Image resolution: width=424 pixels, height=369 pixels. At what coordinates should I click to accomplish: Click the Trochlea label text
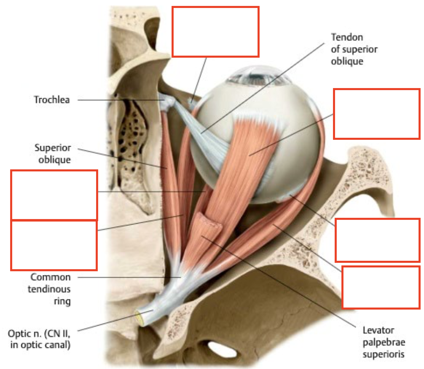tap(52, 100)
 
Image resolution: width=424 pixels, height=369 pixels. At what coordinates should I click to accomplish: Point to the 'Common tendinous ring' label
tap(50, 289)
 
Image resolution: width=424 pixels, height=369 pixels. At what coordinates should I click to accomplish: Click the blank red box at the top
tap(215, 32)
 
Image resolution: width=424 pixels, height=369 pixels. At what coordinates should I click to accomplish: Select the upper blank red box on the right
tap(377, 114)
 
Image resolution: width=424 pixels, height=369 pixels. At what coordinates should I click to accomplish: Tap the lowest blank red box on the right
tap(381, 287)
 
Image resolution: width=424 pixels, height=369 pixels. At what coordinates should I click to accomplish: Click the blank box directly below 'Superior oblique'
tap(54, 195)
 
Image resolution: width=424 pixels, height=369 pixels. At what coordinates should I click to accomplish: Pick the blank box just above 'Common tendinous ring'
tap(54, 245)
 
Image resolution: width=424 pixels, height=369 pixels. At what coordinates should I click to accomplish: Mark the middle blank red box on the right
tap(378, 240)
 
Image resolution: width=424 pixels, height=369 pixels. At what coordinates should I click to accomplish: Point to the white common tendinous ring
tap(179, 276)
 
